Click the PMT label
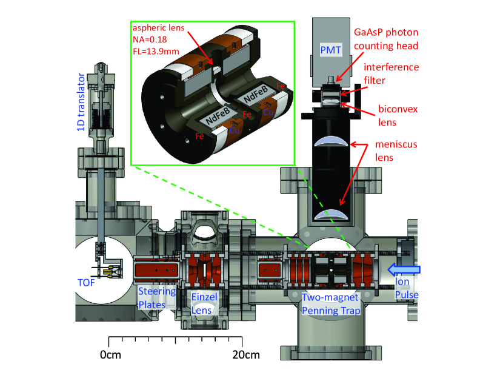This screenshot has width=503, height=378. (x=331, y=48)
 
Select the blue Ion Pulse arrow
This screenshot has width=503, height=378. (x=403, y=268)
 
